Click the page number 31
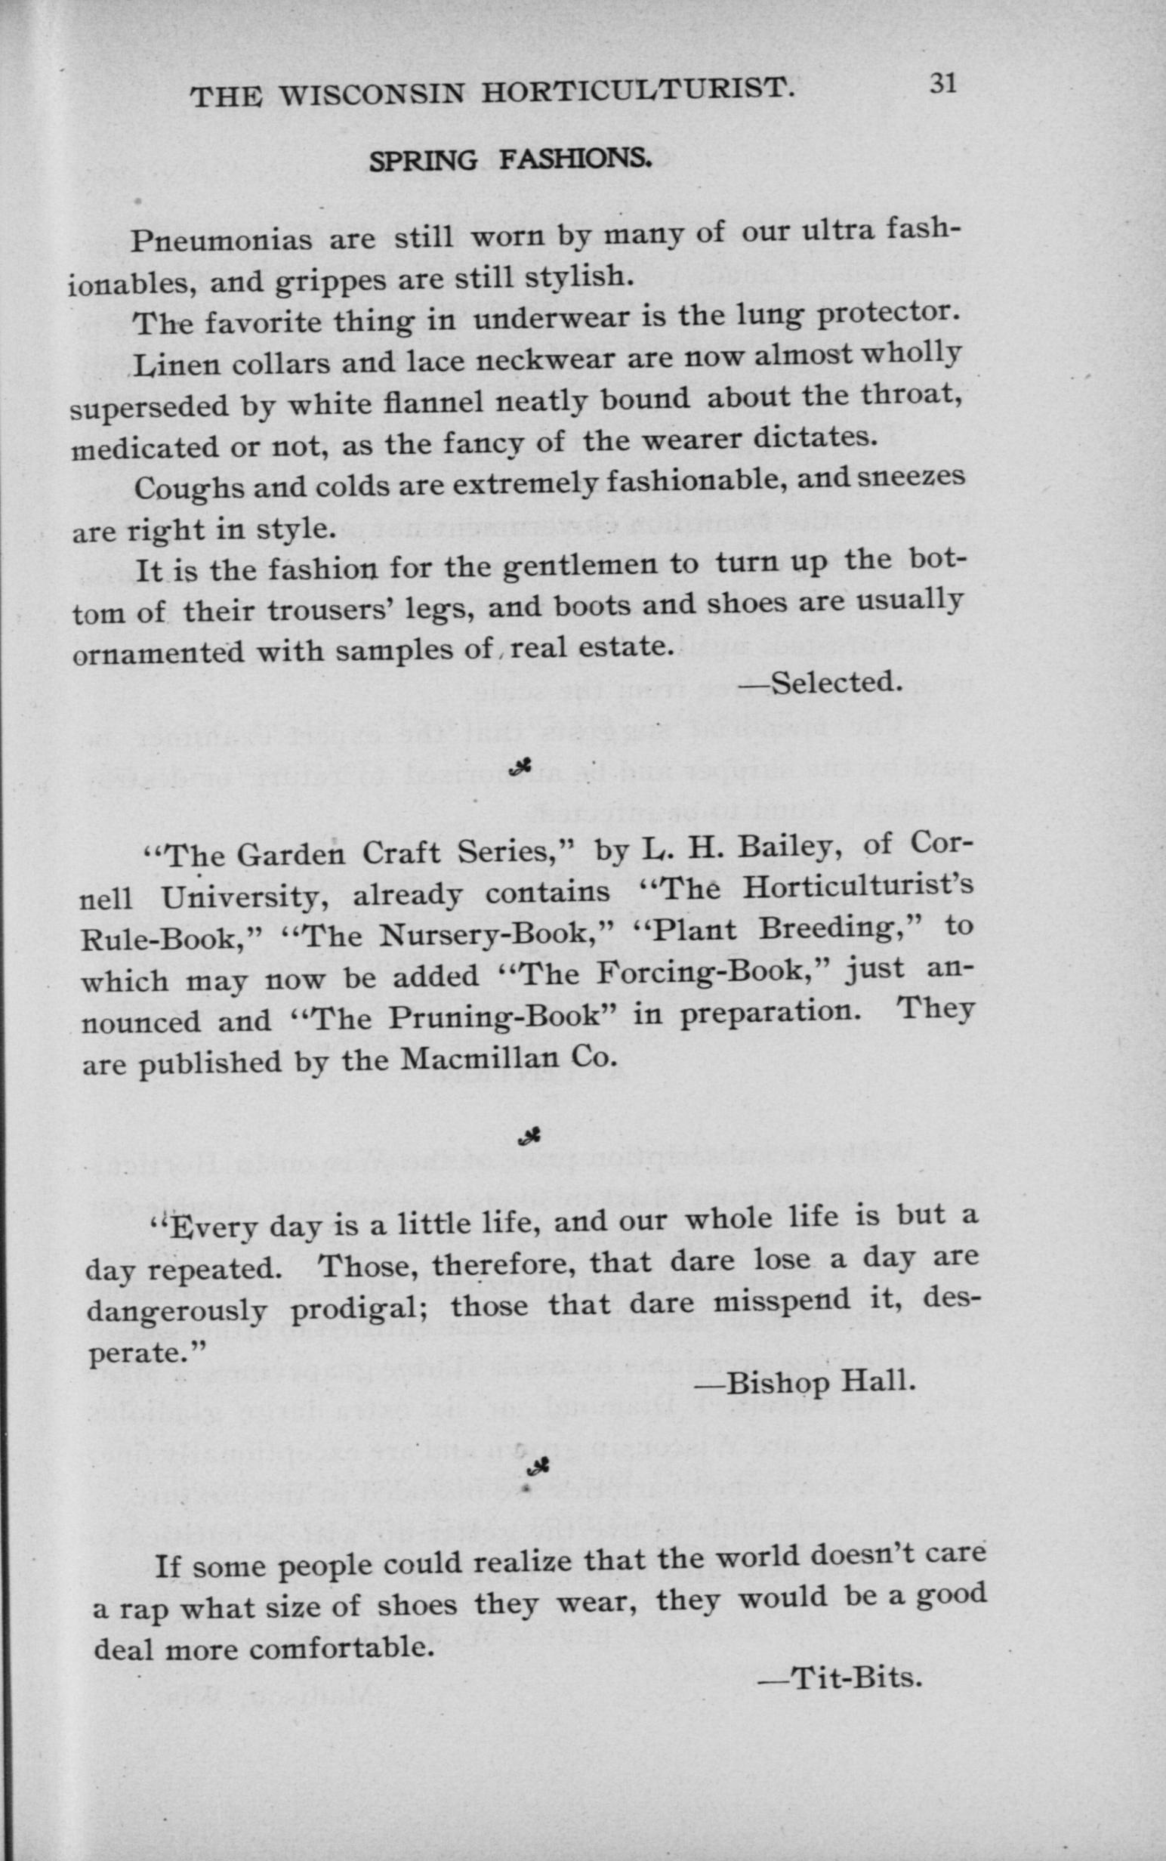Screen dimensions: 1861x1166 point(942,82)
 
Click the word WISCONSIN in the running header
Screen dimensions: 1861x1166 point(372,94)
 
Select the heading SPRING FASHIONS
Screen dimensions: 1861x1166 point(511,159)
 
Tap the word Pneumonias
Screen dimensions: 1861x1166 point(221,241)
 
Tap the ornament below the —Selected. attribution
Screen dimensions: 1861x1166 point(524,765)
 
